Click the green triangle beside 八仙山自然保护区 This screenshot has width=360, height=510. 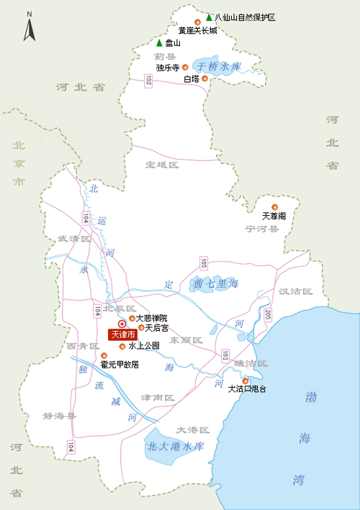point(209,17)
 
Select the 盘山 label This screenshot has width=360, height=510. point(173,43)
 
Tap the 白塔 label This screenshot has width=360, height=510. point(191,78)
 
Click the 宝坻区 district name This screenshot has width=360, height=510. point(161,165)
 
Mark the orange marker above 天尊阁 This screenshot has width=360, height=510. point(274,206)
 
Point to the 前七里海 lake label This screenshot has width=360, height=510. point(215,283)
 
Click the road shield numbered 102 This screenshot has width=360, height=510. point(148,83)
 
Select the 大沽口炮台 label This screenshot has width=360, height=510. point(247,389)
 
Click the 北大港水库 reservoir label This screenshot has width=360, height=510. point(176,447)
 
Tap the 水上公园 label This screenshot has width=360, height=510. point(144,346)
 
